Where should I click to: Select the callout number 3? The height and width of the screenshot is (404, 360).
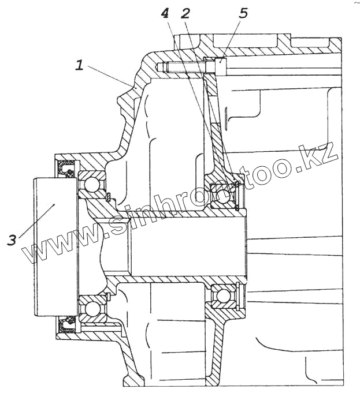click(x=12, y=239)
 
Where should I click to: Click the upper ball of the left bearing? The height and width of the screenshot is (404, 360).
click(x=91, y=185)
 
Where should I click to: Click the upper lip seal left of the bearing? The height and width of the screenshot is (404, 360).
click(x=64, y=169)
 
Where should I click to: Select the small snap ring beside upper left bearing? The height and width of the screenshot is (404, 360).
click(x=109, y=198)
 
